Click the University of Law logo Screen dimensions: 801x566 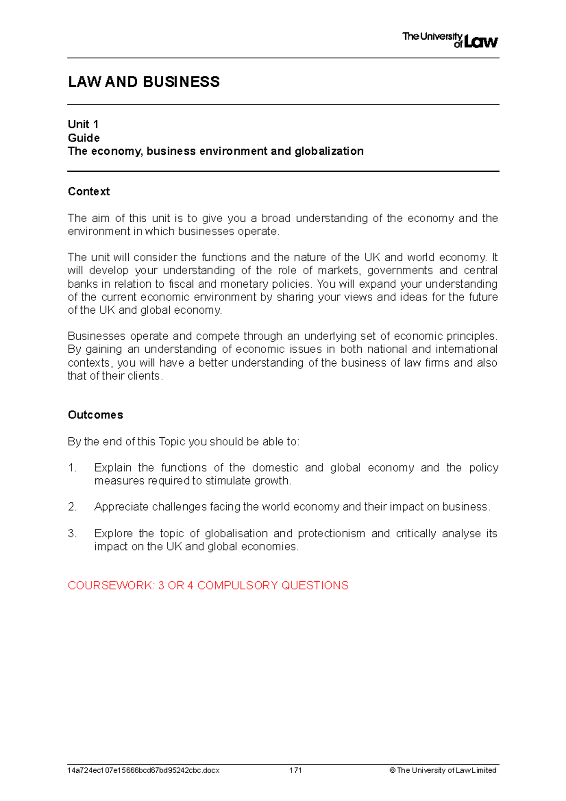[449, 40]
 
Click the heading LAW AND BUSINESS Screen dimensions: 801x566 [143, 82]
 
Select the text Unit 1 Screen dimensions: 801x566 [83, 124]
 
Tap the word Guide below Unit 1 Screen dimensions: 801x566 [83, 138]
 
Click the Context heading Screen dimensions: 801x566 [89, 191]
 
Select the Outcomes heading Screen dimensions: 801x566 [95, 415]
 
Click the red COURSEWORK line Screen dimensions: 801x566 [208, 585]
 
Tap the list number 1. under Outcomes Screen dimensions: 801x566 [72, 467]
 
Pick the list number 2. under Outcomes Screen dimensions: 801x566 [72, 507]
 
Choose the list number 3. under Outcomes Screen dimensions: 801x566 [72, 533]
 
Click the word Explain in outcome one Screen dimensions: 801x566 [113, 467]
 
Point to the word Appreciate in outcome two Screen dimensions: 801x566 [121, 507]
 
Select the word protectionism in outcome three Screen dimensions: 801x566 [331, 533]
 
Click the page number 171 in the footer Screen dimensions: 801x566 [295, 770]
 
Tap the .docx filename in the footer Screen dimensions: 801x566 [143, 770]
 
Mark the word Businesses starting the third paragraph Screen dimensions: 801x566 [96, 336]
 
